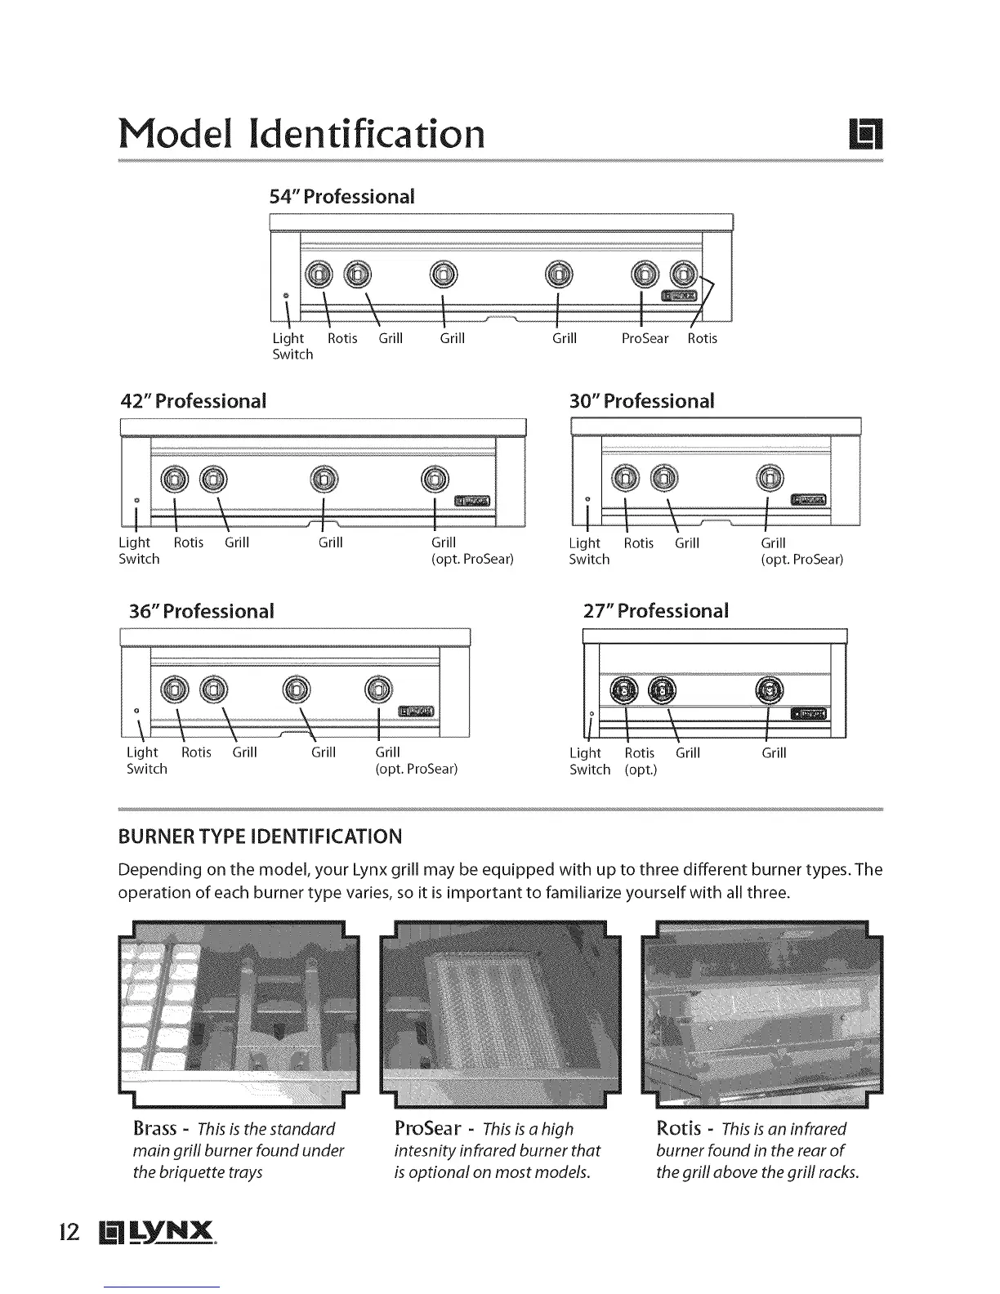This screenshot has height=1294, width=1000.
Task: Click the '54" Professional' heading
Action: click(342, 197)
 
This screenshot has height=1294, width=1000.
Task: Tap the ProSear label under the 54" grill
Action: click(645, 338)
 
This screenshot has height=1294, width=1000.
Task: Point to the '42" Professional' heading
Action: click(193, 401)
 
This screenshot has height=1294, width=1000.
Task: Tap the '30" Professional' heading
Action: click(641, 401)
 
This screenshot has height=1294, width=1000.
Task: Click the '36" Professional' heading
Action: click(201, 611)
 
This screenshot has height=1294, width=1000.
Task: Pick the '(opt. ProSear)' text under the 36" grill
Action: click(416, 770)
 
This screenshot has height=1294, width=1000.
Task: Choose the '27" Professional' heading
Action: click(655, 611)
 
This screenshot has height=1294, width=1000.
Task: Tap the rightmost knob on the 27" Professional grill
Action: click(770, 690)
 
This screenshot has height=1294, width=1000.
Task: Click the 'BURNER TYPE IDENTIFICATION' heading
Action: click(261, 837)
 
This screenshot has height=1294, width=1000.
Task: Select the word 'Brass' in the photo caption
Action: click(154, 1129)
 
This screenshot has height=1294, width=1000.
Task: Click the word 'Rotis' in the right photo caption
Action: click(679, 1129)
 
